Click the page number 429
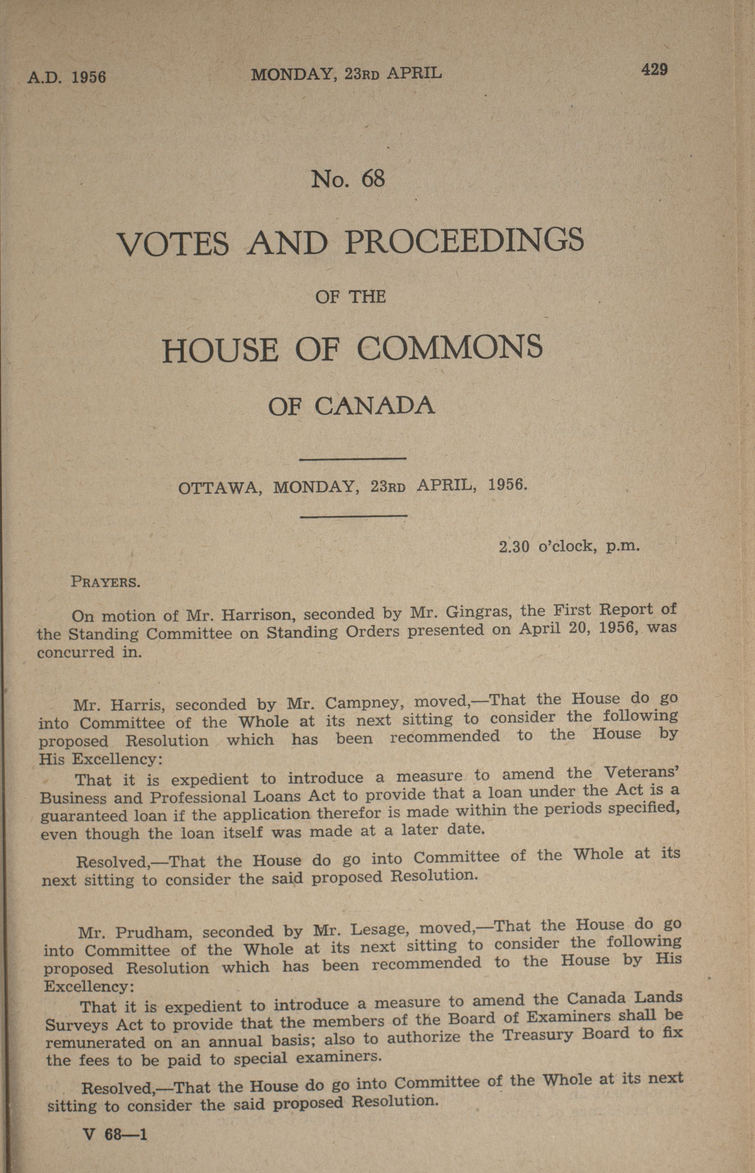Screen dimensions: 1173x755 654,70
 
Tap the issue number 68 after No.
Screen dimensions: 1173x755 373,179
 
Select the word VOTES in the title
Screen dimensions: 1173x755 173,243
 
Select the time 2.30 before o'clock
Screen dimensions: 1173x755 514,546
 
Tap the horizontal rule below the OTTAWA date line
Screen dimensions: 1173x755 353,515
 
